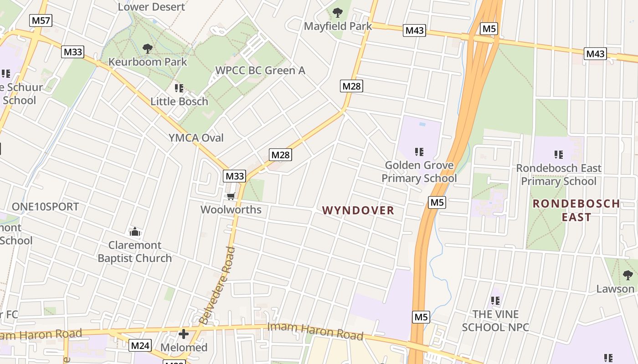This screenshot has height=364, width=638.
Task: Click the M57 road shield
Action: (x=41, y=20)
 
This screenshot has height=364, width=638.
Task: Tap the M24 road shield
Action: (x=140, y=345)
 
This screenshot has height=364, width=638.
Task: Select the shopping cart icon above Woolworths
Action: (x=231, y=197)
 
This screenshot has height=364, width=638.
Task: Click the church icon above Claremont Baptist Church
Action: (x=134, y=232)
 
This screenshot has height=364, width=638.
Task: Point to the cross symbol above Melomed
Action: (x=184, y=334)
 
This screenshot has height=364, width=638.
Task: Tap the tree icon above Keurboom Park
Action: (x=147, y=48)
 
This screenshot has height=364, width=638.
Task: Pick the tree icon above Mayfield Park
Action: (x=338, y=13)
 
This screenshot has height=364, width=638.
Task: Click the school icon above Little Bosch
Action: (x=179, y=88)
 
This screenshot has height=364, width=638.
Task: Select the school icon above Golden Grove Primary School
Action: (x=419, y=152)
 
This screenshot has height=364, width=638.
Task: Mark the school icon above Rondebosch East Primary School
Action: (x=558, y=155)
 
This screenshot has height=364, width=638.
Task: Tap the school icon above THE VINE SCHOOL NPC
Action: (x=495, y=301)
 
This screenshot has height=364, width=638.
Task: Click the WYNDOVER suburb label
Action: (x=358, y=210)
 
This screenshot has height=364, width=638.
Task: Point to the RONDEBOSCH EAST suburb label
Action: (x=576, y=210)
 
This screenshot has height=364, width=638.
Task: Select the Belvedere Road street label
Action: (x=218, y=286)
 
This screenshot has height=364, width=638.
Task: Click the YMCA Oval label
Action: (x=196, y=138)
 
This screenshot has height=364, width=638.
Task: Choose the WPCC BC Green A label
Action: (x=260, y=71)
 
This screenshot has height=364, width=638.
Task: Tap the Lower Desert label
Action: (x=151, y=7)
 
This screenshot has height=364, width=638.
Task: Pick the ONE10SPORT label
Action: (x=45, y=207)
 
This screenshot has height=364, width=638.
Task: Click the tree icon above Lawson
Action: (x=628, y=275)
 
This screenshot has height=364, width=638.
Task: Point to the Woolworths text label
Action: (x=231, y=210)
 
